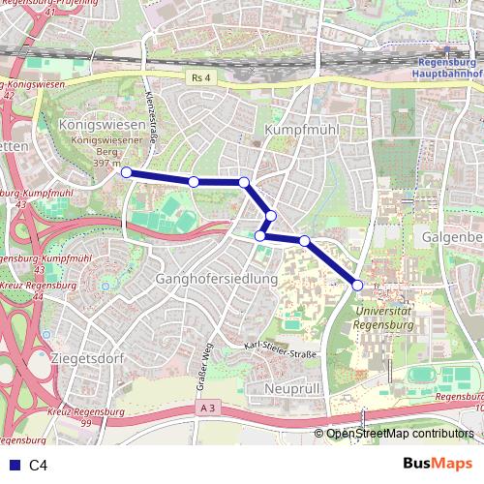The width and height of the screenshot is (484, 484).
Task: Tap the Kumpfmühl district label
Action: point(292,129)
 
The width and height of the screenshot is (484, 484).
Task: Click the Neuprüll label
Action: point(291,387)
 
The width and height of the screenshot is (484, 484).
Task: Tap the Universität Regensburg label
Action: point(385,318)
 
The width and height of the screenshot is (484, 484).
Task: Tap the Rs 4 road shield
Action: point(200,77)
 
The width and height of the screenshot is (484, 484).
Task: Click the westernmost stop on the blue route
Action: point(126,171)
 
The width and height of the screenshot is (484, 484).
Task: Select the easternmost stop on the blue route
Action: point(357,285)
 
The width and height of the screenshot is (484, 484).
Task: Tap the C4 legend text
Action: point(38,465)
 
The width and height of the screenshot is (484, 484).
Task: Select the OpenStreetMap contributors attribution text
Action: point(400,434)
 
